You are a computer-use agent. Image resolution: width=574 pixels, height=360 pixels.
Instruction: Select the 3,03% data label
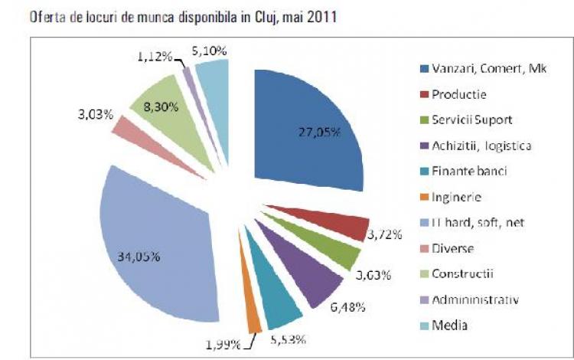[x=96, y=114]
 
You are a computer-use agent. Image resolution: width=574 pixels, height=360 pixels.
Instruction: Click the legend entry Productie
[x=459, y=95]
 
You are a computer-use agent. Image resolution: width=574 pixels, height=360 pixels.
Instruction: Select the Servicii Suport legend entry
[x=471, y=121]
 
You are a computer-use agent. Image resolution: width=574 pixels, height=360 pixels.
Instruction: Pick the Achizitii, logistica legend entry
[x=481, y=146]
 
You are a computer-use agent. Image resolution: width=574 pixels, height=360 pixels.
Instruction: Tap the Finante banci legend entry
[x=469, y=172]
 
